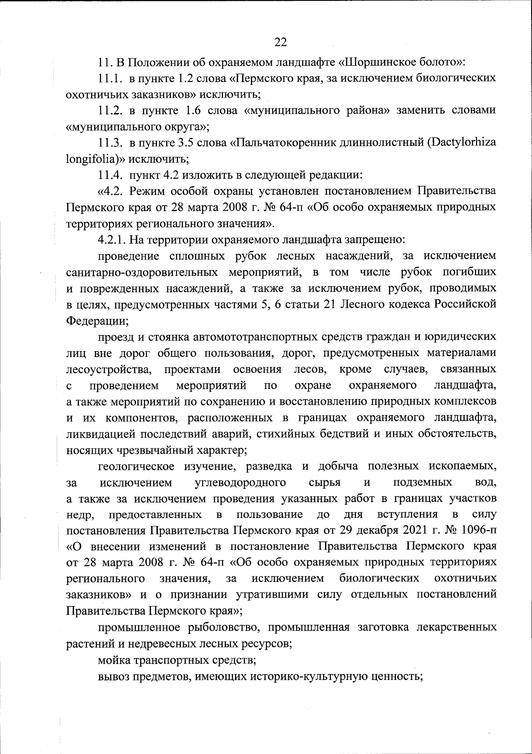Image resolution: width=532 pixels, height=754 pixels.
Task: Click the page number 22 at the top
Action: [x=281, y=42]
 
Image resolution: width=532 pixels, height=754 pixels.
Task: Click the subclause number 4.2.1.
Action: [x=112, y=240]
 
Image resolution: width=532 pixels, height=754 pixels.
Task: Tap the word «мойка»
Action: [x=113, y=660]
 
